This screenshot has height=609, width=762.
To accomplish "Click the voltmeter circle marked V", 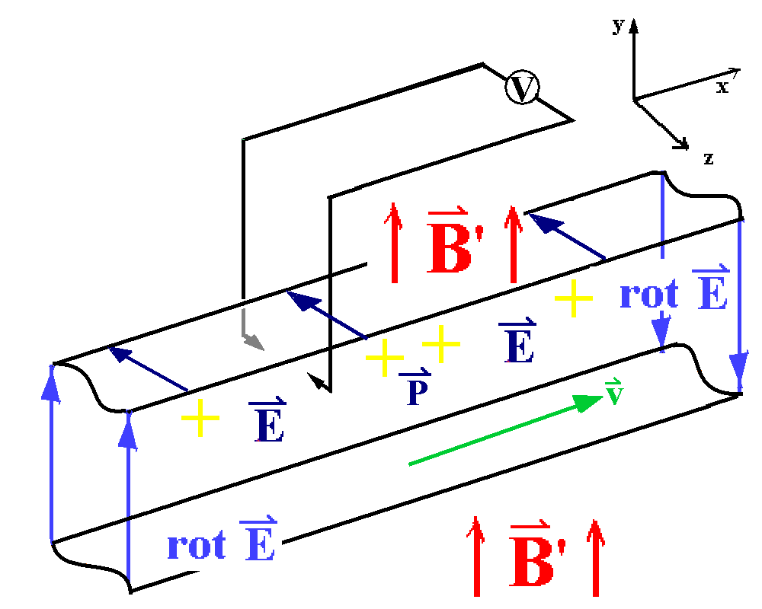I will pos(521,88).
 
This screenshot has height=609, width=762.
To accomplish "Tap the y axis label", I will pos(617,27).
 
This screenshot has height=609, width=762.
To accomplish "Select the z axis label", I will pos(709,158).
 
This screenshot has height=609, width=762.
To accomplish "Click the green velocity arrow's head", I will pos(590,400).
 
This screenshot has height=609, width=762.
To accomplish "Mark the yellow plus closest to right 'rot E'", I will pos(572,299).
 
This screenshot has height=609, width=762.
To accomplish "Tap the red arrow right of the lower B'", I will pos(595,556).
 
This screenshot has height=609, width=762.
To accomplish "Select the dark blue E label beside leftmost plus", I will pos(267,422).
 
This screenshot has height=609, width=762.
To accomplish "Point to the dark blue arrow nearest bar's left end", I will pos(149,369).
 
